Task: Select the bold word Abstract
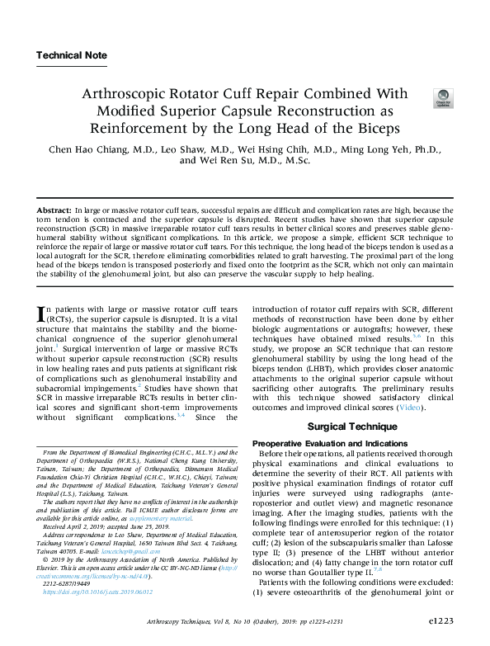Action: pos(54,213)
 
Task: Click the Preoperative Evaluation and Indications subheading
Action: pos(326,444)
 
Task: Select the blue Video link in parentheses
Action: pos(410,408)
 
